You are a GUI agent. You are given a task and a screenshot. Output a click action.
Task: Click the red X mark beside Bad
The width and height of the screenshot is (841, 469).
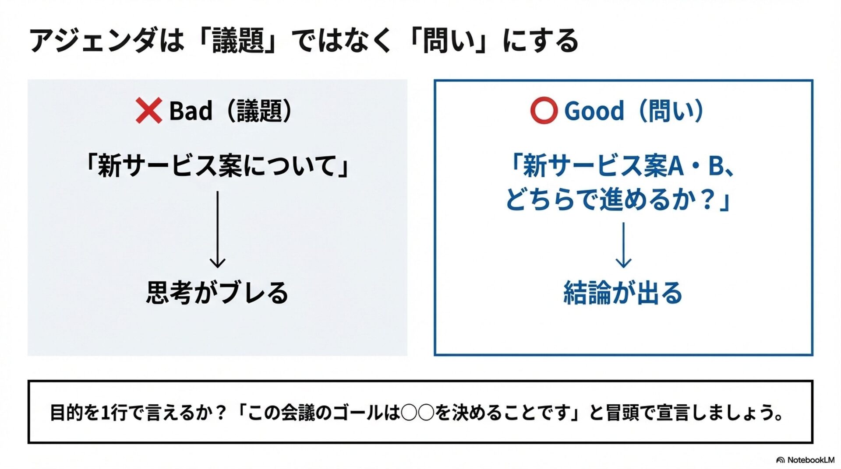148,111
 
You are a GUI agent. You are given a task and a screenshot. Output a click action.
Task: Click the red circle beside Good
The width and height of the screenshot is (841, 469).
544,111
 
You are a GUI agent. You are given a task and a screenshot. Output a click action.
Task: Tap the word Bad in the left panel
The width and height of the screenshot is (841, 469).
191,111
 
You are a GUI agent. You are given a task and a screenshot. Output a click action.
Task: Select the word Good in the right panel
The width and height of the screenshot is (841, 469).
594,111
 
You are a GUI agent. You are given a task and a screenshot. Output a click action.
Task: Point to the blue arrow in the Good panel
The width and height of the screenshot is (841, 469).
623,245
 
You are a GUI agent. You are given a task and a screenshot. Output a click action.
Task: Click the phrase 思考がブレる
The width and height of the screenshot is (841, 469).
217,292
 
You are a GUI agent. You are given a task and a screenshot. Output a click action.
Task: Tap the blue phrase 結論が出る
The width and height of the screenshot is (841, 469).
623,292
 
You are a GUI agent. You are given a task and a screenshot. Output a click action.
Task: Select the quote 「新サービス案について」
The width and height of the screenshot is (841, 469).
217,166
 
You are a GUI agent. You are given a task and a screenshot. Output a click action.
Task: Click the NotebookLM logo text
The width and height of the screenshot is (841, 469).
810,460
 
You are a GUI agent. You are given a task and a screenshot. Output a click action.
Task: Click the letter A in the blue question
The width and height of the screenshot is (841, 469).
675,166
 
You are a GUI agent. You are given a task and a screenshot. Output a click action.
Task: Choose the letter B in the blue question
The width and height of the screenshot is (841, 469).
716,166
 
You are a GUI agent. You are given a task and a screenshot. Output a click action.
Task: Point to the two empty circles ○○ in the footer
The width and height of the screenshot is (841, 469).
417,413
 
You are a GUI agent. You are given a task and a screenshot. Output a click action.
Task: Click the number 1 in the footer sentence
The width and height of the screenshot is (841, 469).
105,413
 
